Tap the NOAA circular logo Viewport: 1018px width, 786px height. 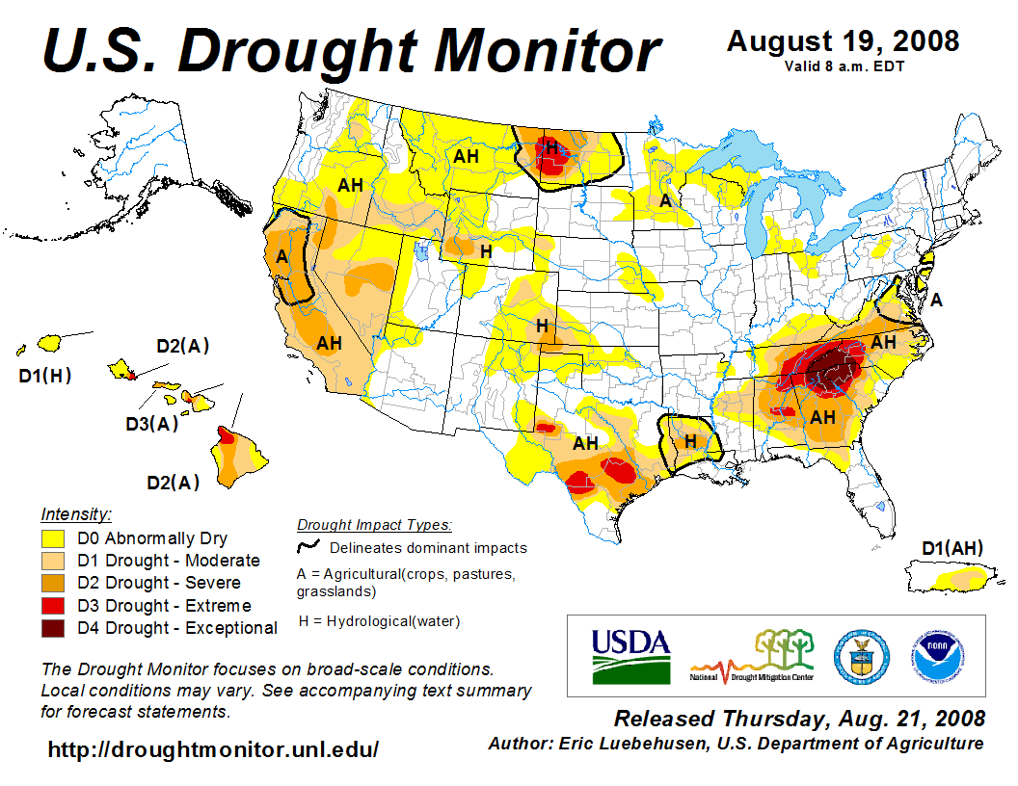[x=935, y=656]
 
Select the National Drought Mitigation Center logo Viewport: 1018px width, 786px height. [x=752, y=655]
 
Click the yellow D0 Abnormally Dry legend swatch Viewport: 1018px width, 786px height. [x=53, y=538]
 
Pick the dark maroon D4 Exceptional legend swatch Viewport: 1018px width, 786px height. [x=53, y=628]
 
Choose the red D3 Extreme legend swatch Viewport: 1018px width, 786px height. [x=53, y=606]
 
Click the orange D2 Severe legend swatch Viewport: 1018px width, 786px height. [x=53, y=583]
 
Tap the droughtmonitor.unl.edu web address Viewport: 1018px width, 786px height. [x=213, y=749]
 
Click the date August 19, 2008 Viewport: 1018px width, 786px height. [x=843, y=41]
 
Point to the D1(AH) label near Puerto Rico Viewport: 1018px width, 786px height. [x=952, y=549]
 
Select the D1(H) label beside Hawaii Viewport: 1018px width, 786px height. [x=45, y=376]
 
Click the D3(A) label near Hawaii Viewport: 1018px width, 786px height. [x=152, y=423]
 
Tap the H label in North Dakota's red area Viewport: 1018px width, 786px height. [x=550, y=147]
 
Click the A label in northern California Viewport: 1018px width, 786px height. [x=282, y=256]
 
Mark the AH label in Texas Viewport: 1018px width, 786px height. [x=585, y=444]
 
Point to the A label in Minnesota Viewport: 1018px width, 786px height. [x=664, y=201]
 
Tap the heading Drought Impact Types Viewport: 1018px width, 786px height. [x=374, y=525]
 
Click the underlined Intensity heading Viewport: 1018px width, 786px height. [x=76, y=513]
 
